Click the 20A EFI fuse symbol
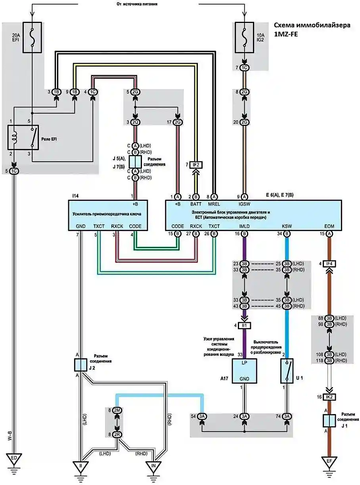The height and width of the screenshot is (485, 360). [x=33, y=37]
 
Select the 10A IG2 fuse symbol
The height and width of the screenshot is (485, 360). [x=245, y=37]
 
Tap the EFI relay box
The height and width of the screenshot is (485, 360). [x=23, y=137]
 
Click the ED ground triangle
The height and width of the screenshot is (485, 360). [x=14, y=459]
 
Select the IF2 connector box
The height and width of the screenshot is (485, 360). [x=196, y=165]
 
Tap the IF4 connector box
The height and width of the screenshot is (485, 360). [x=329, y=264]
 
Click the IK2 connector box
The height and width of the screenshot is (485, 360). [x=329, y=397]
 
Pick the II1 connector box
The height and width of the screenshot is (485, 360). [x=245, y=325]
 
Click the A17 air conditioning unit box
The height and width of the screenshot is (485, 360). [x=244, y=371]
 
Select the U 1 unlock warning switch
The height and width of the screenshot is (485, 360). [x=287, y=371]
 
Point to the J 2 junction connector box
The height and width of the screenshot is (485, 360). [x=80, y=365]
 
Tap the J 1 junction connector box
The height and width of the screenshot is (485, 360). [x=329, y=420]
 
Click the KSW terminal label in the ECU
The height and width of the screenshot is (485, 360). [x=287, y=226]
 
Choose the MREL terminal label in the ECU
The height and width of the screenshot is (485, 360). [x=214, y=204]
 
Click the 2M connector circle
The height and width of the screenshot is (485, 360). [x=117, y=411]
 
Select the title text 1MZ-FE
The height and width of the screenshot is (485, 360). [x=286, y=34]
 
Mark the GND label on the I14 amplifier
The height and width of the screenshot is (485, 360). [x=81, y=226]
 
